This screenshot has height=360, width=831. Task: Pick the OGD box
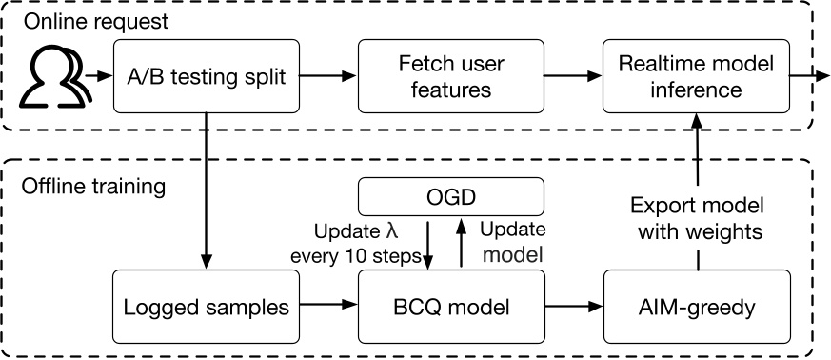(x=450, y=198)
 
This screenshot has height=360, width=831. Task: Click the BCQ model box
(x=450, y=307)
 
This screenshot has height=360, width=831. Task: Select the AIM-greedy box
(x=698, y=307)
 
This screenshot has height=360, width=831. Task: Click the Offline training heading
(x=94, y=184)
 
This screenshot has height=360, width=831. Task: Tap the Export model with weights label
(x=700, y=218)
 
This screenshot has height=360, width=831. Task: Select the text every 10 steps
(x=356, y=253)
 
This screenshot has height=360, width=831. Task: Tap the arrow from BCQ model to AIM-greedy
(x=574, y=307)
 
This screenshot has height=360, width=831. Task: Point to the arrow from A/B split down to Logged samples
(x=204, y=190)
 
